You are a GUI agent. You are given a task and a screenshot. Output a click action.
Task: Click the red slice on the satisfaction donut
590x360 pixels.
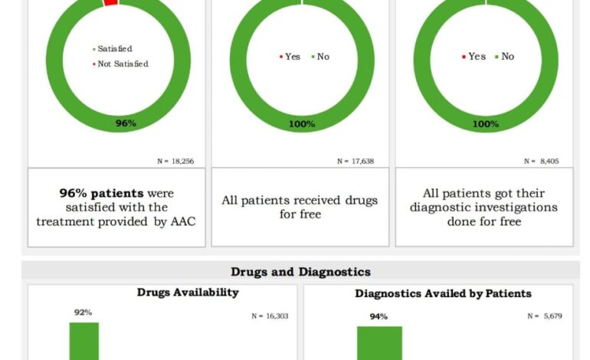pyautogui.click(x=110, y=3)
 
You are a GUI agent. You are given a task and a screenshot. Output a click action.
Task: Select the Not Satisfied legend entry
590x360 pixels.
pyautogui.click(x=120, y=64)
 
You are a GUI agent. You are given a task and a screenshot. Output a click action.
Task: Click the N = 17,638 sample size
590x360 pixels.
pyautogui.click(x=356, y=161)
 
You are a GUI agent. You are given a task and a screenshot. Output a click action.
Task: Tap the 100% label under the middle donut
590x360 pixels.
pyautogui.click(x=302, y=123)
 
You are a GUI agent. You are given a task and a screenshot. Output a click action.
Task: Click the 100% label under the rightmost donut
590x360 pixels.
pyautogui.click(x=486, y=123)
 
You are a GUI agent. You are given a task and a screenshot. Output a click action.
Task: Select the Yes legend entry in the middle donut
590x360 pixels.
pyautogui.click(x=289, y=57)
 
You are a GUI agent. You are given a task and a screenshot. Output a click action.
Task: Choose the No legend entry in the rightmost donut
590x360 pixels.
pyautogui.click(x=505, y=57)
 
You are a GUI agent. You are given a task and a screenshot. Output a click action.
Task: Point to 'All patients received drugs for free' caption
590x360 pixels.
pyautogui.click(x=300, y=207)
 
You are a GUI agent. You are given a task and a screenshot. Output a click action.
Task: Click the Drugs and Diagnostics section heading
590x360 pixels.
pyautogui.click(x=300, y=272)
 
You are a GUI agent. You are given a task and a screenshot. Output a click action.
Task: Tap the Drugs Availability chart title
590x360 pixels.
pyautogui.click(x=188, y=293)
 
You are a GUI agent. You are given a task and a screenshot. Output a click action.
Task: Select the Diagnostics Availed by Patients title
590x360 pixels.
pyautogui.click(x=443, y=293)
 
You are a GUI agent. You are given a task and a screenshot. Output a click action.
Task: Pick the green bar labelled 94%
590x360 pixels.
pyautogui.click(x=379, y=343)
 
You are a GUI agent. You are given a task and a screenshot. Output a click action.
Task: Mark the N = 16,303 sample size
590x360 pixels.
pyautogui.click(x=270, y=316)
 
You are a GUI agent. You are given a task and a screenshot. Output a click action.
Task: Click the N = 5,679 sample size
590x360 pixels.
pyautogui.click(x=545, y=316)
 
